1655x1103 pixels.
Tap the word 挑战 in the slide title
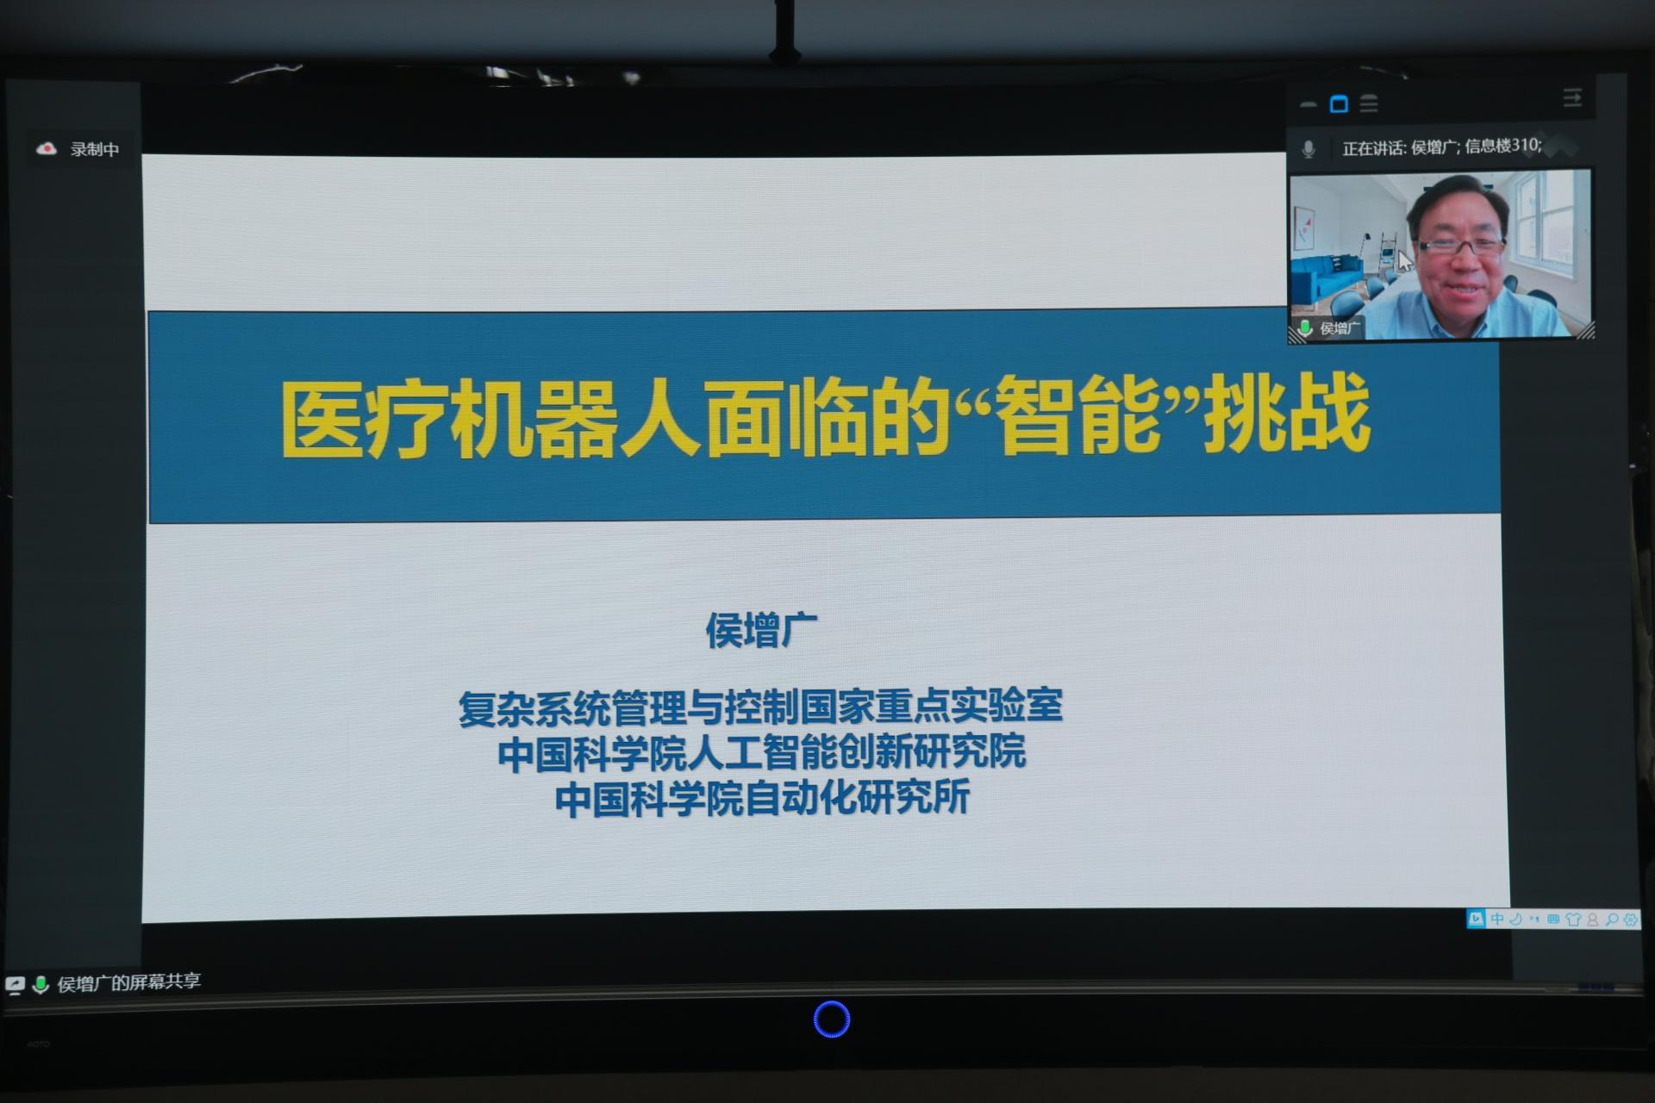point(1287,414)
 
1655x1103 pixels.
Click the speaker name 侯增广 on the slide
point(761,630)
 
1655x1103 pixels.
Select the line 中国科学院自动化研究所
point(763,797)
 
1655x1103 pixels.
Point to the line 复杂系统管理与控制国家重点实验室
point(760,707)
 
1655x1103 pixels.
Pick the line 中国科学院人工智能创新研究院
point(762,752)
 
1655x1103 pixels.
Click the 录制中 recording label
point(95,149)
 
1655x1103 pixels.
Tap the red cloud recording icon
point(47,149)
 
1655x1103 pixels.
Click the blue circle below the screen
point(832,1019)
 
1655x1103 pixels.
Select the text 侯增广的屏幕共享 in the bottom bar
point(129,982)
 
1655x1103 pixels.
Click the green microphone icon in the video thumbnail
point(1305,327)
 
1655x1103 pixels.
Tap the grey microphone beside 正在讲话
point(1308,149)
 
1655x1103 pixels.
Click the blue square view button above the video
point(1339,104)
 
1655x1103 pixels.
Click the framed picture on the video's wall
point(1304,226)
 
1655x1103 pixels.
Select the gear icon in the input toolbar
point(1630,919)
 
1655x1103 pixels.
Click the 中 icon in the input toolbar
point(1497,919)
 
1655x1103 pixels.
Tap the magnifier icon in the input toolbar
point(1611,919)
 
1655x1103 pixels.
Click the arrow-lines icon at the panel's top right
point(1572,97)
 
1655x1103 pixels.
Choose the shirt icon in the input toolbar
point(1573,919)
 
